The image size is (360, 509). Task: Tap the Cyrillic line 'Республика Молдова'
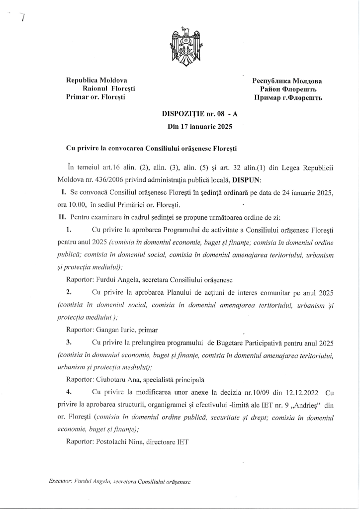287,81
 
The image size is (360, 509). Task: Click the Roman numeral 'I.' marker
61,191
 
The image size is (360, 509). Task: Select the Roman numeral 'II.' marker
62,217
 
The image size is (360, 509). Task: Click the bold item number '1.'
69,230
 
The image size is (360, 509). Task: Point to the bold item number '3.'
69,343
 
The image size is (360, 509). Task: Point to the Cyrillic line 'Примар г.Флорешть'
288,97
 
